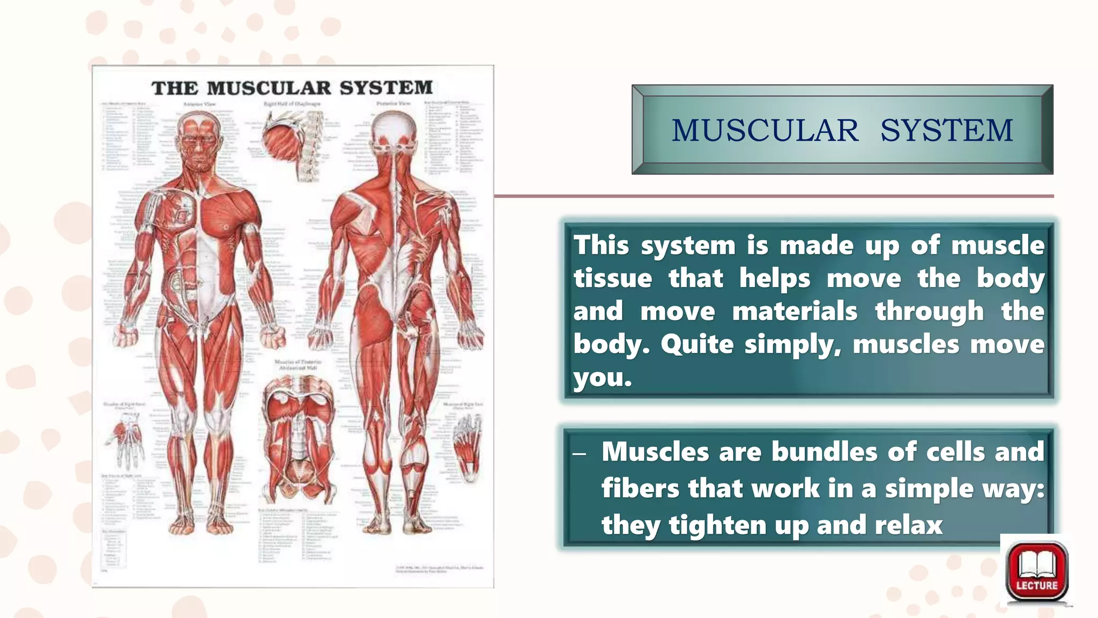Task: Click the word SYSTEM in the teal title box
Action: coord(946,130)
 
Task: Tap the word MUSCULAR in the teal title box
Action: coord(765,130)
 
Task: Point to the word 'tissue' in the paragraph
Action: coord(612,278)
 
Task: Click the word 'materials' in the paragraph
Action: coord(795,312)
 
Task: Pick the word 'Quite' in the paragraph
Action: coord(696,344)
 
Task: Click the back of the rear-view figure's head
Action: coord(394,129)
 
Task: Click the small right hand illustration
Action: coord(127,440)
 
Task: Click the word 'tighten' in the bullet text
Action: coord(718,525)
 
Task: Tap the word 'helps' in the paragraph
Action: coord(775,278)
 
